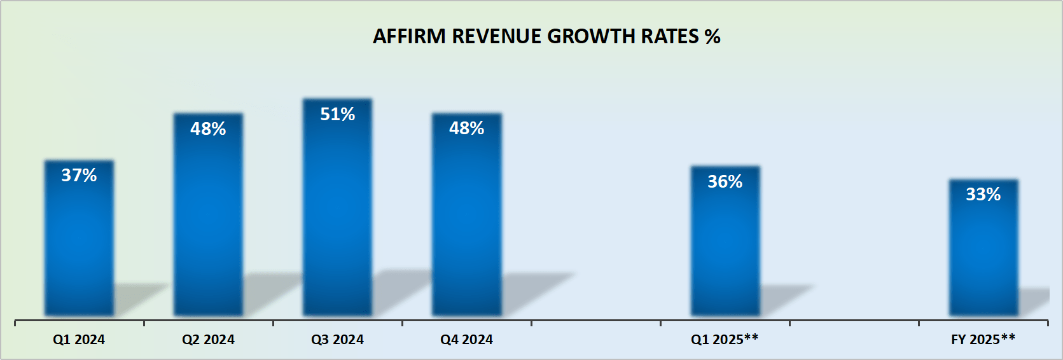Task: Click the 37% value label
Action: click(x=79, y=175)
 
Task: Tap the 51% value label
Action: click(x=337, y=114)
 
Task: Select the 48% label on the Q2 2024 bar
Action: click(x=208, y=129)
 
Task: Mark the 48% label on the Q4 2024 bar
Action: click(x=466, y=128)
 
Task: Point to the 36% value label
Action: click(x=725, y=182)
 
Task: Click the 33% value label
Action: click(x=983, y=195)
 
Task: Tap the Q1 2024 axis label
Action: click(x=79, y=340)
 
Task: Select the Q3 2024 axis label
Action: click(x=337, y=340)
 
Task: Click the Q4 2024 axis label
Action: click(x=466, y=340)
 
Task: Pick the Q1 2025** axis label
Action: click(x=725, y=340)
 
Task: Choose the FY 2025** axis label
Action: click(x=983, y=340)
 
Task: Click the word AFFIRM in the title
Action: click(x=409, y=37)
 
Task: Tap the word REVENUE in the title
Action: click(x=496, y=37)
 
